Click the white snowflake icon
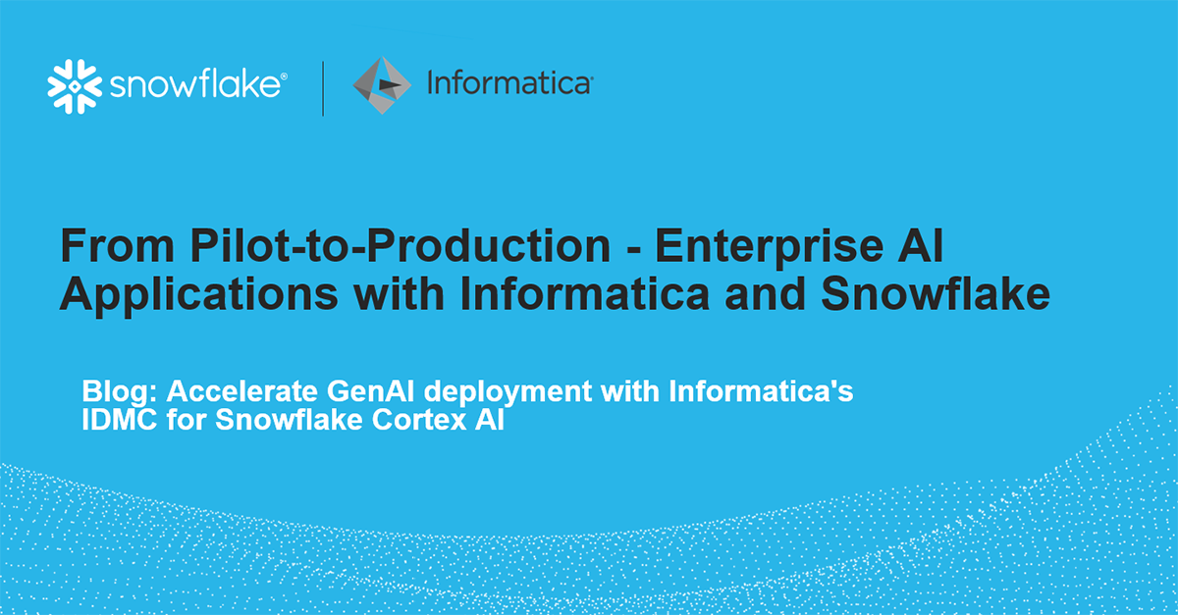75,86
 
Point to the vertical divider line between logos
323,88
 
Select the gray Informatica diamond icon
382,85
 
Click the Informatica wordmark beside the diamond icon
509,83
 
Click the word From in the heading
117,245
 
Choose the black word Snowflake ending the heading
936,293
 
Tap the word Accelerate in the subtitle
242,391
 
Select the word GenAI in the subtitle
371,391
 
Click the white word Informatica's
761,391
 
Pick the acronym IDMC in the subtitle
120,420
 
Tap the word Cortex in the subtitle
419,420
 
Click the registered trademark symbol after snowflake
284,77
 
